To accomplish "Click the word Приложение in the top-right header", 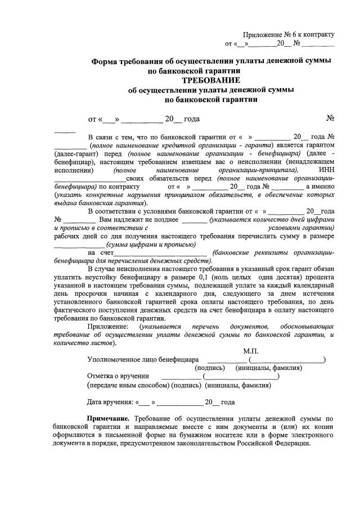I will pos(262,35).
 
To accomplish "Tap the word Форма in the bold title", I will pos(108,61).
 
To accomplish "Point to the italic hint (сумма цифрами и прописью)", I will pos(152,245).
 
